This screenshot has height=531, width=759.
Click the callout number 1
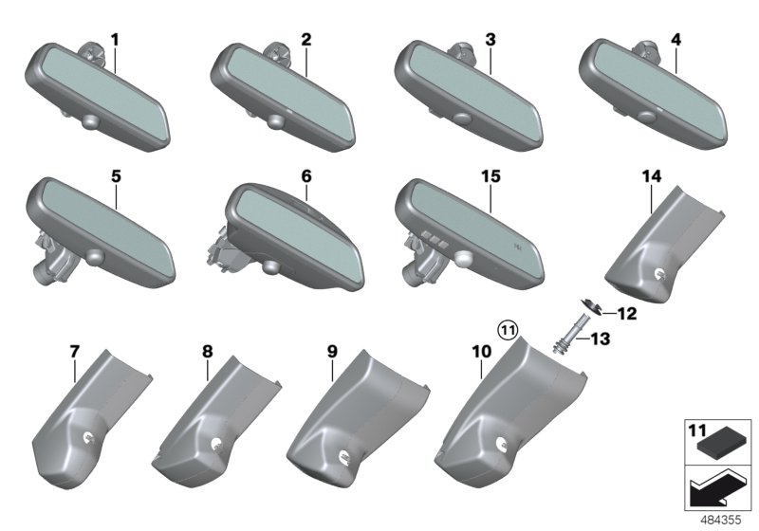pos(115,40)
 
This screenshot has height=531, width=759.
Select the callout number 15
pos(491,176)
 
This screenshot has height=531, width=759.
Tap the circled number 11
pos(509,331)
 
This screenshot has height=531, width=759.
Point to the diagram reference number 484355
pos(721,520)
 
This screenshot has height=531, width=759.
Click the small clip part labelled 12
pos(590,307)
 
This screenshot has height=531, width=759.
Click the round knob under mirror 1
pos(91,121)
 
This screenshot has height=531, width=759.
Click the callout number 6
pos(306,176)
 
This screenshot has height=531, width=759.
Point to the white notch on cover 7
pos(90,437)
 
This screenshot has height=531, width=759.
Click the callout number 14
pos(652,176)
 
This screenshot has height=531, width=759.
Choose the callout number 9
pos(332,352)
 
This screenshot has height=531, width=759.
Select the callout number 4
pos(676,40)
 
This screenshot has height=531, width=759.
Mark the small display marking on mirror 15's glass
pos(518,247)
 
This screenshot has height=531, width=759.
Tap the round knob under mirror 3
pos(463,119)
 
